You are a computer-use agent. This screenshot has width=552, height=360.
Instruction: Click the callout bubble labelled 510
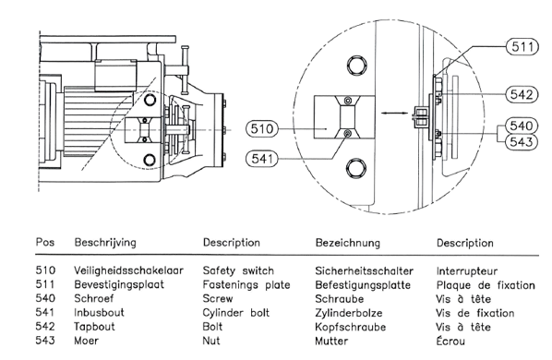point(262,129)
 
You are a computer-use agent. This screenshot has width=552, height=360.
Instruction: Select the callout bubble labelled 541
point(262,159)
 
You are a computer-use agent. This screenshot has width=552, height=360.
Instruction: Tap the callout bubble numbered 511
point(522,47)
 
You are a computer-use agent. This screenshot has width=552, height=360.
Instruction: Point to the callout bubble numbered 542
point(522,94)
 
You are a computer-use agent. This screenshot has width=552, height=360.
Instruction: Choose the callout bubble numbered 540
point(522,126)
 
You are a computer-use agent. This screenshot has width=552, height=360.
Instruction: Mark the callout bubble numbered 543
point(522,142)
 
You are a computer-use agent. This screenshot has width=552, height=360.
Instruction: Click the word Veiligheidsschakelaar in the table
point(128,270)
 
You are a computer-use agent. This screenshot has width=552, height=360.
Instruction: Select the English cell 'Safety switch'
point(238,270)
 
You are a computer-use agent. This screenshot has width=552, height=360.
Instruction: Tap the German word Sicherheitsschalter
point(364,271)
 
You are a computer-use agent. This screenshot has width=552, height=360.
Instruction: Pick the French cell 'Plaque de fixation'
point(486,285)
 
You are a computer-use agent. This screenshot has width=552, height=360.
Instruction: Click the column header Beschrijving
point(105,243)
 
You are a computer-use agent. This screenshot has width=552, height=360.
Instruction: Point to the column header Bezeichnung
point(348,243)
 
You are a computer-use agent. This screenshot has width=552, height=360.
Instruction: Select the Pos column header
point(45,242)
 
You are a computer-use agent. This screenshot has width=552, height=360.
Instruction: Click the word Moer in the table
point(86,341)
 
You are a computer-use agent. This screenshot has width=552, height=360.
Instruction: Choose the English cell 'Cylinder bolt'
point(236,313)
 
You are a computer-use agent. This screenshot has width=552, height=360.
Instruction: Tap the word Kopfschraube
point(350,327)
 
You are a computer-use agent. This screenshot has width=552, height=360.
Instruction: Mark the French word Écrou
point(450,341)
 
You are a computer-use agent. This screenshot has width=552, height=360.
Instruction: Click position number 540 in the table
point(45,298)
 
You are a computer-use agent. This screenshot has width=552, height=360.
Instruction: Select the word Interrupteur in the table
point(467,271)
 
